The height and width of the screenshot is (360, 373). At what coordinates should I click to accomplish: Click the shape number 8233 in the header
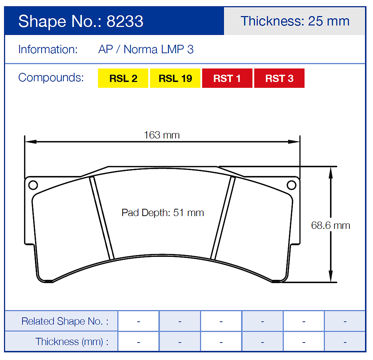125,21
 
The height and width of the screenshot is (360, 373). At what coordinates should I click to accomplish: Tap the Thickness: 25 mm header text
295,21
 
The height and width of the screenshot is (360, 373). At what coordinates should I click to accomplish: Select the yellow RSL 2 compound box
123,78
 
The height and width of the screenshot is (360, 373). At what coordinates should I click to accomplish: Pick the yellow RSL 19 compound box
175,78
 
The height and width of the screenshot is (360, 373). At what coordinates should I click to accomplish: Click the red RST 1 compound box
227,78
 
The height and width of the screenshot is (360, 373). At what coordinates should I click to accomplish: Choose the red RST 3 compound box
279,78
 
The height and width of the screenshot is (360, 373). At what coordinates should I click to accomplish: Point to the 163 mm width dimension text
162,135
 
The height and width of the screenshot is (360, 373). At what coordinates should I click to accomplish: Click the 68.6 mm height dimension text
330,225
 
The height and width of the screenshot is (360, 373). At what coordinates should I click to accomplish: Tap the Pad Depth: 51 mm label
162,213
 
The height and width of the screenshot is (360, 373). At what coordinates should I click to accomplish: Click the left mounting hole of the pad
33,185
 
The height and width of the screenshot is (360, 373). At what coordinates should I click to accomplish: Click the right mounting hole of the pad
291,185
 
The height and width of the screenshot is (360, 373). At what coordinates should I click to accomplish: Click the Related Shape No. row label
65,321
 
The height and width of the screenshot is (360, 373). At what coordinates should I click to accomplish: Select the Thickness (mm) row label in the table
72,341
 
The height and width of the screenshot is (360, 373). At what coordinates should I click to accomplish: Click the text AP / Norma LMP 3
146,50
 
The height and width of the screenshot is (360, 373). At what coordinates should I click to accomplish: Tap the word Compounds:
51,78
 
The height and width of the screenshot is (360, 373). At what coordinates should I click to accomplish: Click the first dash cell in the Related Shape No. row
138,321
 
